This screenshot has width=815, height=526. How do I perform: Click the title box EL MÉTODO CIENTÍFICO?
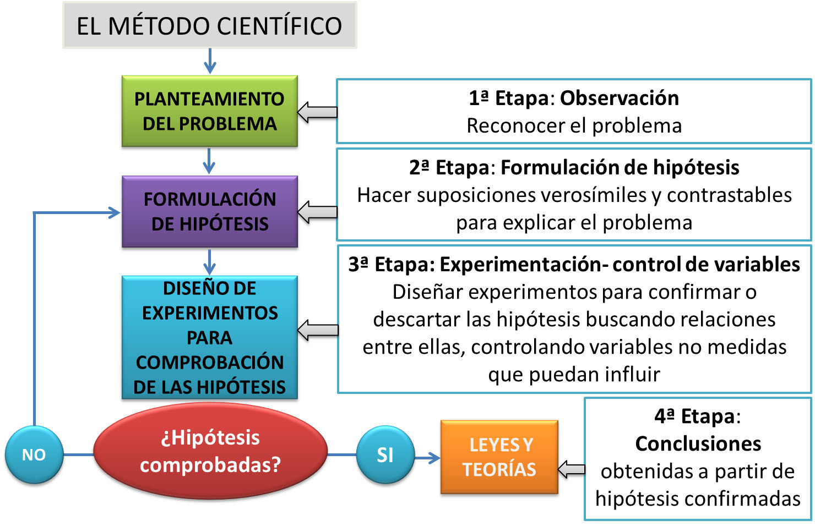click(209, 26)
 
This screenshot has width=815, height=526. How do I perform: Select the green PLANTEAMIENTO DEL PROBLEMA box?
click(209, 111)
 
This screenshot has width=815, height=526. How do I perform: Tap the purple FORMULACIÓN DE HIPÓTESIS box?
click(209, 211)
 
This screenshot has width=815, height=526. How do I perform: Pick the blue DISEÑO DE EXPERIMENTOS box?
click(209, 337)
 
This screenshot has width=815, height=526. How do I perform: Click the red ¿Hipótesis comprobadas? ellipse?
click(210, 451)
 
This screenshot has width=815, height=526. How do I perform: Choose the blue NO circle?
click(34, 454)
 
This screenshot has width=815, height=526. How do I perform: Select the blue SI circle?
click(385, 454)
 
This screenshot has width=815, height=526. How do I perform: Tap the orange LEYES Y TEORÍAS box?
click(499, 457)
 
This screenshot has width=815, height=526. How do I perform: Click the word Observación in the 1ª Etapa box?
click(619, 98)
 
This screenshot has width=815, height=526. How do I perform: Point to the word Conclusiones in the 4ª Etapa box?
click(698, 443)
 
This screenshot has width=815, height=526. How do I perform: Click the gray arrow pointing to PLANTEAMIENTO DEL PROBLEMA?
click(317, 112)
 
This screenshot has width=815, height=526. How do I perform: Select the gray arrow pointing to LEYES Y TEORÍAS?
click(572, 469)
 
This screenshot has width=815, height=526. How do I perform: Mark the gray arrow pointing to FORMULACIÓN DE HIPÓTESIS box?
click(317, 211)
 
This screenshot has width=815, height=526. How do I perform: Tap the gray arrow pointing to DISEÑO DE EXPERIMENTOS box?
click(317, 330)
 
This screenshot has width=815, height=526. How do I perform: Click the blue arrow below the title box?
click(209, 61)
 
